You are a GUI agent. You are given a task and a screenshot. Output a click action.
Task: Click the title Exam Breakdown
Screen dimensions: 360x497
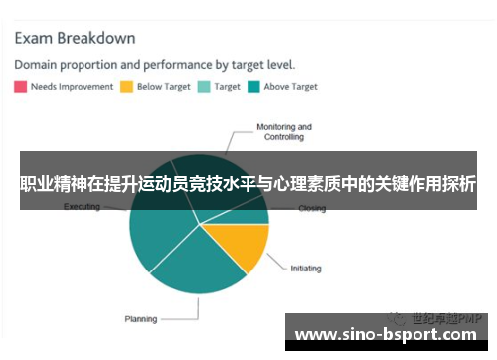point(75,39)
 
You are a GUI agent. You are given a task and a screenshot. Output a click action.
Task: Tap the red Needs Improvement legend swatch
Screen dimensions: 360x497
point(20,87)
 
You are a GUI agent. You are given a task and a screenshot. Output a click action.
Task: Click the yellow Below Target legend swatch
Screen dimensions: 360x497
point(126,87)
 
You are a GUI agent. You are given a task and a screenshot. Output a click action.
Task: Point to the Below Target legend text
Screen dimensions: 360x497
point(163,87)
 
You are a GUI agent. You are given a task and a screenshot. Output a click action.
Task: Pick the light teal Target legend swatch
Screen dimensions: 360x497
point(204,87)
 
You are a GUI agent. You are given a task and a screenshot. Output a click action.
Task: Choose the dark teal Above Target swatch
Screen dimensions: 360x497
point(254,87)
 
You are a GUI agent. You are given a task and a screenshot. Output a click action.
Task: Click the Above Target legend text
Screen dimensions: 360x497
point(290,87)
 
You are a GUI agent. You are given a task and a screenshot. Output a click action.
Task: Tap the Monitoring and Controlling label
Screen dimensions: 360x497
point(283,132)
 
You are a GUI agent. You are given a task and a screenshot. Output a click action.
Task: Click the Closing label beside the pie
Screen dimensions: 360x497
point(311,209)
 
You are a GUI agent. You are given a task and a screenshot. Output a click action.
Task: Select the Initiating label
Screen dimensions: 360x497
point(305,268)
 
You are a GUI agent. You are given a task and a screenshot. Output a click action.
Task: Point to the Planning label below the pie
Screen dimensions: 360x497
point(140,319)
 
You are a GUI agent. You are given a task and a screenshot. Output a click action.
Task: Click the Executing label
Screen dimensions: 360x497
point(82,207)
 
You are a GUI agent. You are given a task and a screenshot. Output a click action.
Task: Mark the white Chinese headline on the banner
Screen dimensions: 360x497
point(248,184)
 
